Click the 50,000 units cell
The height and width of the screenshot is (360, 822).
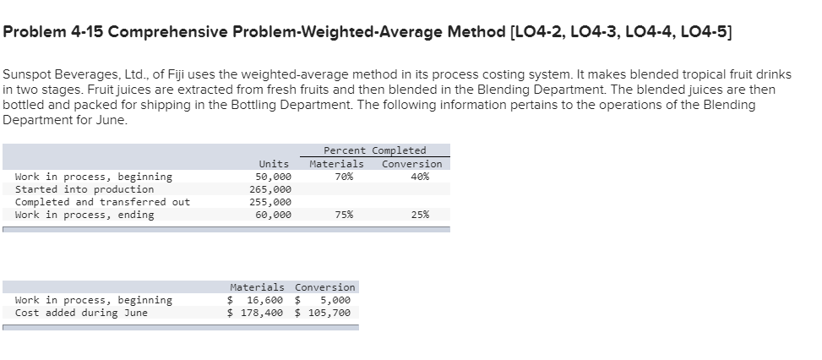click(274, 177)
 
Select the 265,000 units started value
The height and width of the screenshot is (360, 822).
click(274, 189)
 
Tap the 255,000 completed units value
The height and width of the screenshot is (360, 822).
click(274, 202)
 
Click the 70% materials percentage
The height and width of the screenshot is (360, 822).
click(344, 177)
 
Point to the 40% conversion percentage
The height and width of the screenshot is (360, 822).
click(419, 177)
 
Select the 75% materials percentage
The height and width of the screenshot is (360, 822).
click(344, 215)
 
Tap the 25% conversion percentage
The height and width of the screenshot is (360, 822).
click(419, 215)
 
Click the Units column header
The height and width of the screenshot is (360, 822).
click(274, 164)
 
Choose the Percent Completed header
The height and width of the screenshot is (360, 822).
click(374, 150)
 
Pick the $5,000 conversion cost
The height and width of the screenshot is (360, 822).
click(329, 300)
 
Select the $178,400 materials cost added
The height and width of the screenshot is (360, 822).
click(256, 313)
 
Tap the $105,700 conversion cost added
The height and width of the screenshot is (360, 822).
click(324, 313)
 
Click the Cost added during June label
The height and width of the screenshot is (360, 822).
click(81, 313)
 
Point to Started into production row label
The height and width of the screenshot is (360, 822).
click(84, 189)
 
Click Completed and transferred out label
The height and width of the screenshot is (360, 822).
click(102, 202)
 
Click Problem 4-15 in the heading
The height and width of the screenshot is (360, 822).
click(53, 32)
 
